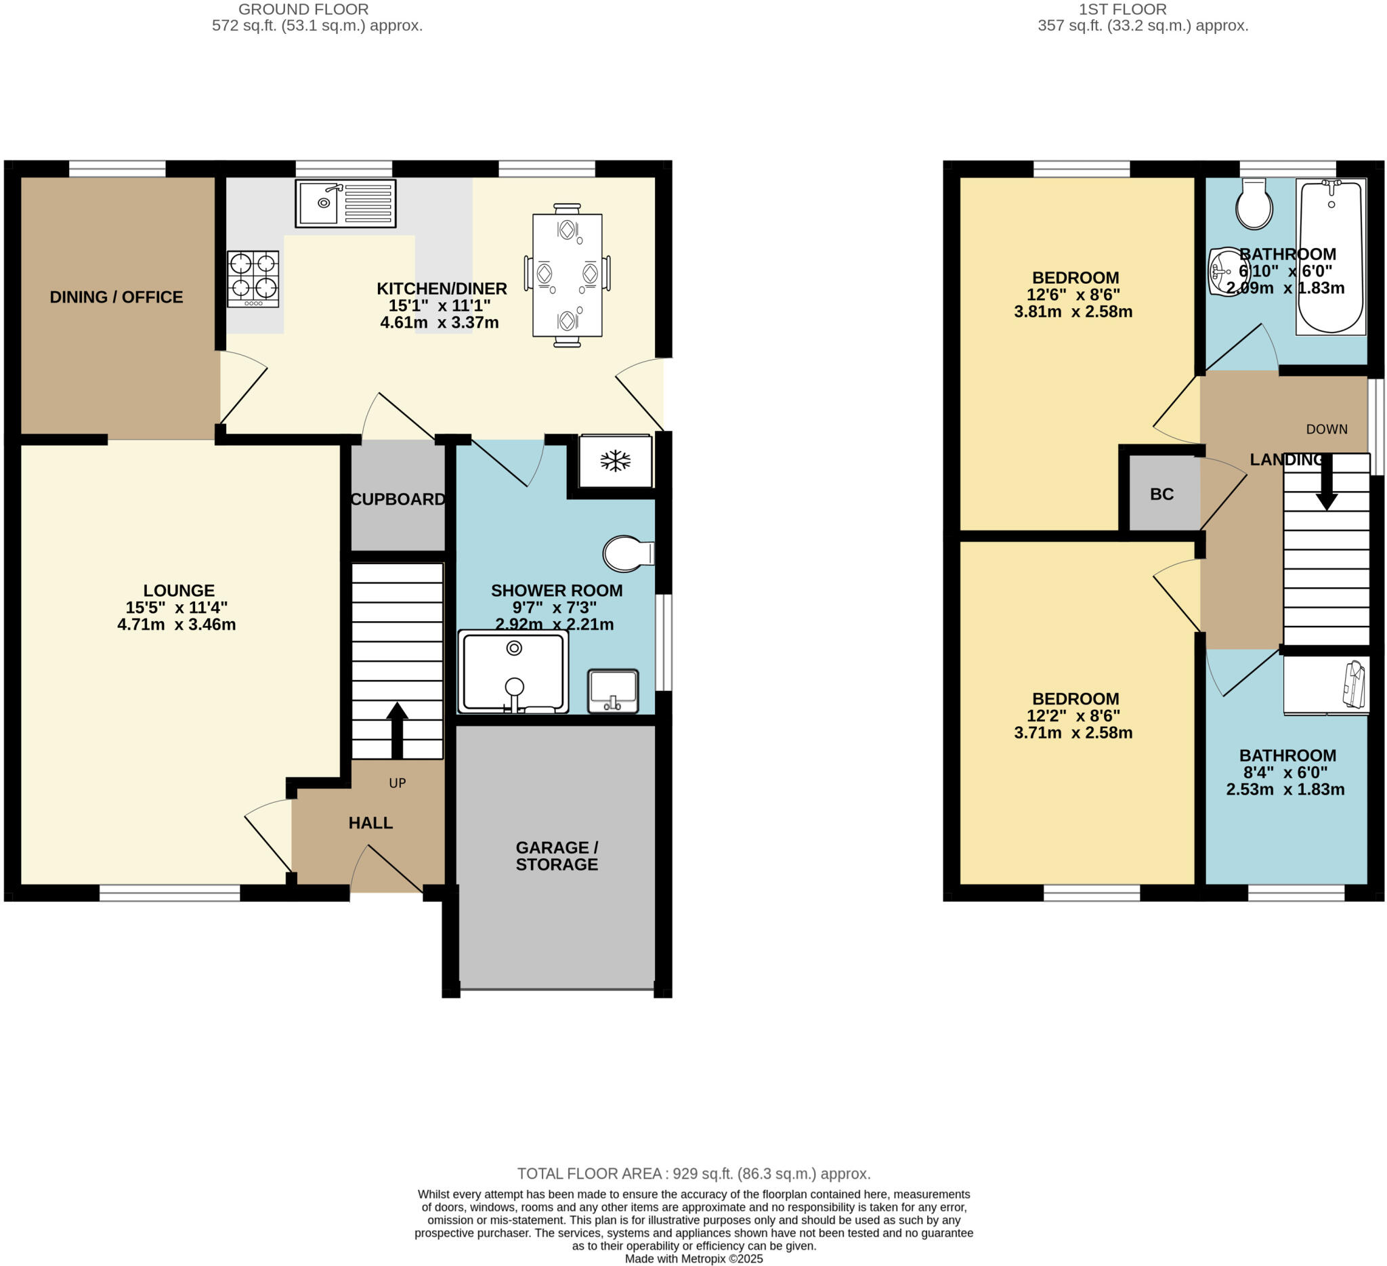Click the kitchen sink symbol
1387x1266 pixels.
(x=345, y=203)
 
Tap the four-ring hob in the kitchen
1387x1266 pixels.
(x=253, y=278)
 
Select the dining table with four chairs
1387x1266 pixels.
(x=567, y=274)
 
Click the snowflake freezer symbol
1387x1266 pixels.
(x=615, y=461)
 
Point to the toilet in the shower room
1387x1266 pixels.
(x=626, y=553)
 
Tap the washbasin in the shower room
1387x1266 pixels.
(x=612, y=691)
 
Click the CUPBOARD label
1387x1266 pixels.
(x=398, y=499)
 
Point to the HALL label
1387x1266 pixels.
(x=370, y=822)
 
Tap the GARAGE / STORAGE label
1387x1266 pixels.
(x=557, y=856)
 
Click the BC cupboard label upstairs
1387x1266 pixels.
(x=1161, y=494)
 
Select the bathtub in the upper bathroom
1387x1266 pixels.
(x=1330, y=256)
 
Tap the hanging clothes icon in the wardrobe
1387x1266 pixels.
(x=1354, y=684)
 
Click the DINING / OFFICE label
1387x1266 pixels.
(x=116, y=297)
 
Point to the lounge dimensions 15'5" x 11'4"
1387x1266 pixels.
(x=176, y=607)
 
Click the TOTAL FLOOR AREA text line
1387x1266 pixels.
(x=693, y=1173)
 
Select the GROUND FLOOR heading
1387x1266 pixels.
(x=303, y=9)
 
